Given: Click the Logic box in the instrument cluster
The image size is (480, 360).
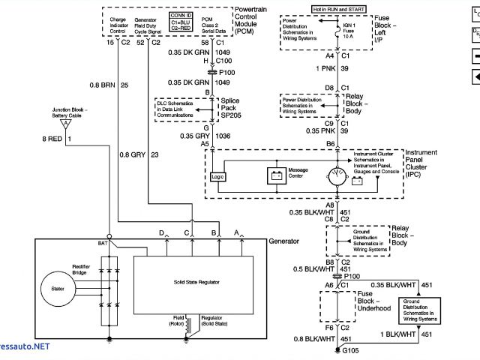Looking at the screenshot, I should click(x=218, y=176).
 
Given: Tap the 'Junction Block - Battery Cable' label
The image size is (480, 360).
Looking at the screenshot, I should click(x=69, y=112).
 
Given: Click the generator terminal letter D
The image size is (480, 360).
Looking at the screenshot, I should click(x=162, y=233).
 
